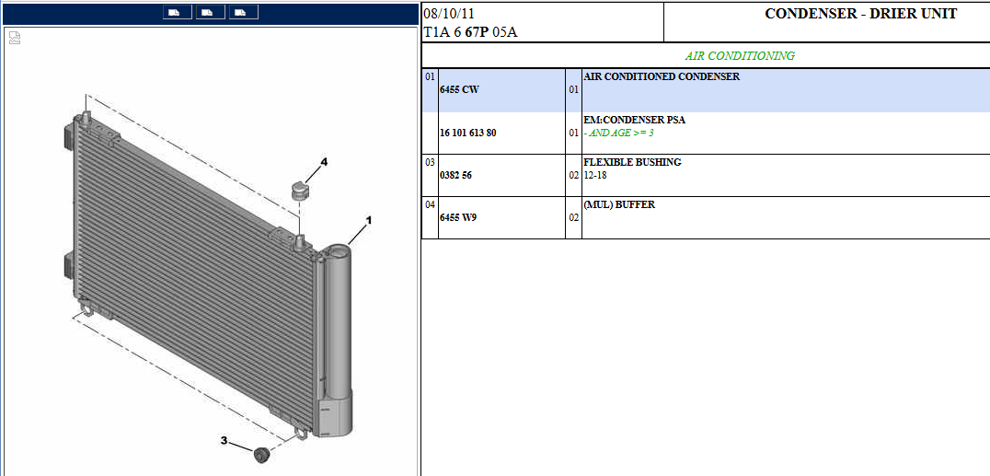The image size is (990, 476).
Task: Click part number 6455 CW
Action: [x=459, y=89]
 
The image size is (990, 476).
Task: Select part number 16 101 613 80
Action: [x=472, y=134]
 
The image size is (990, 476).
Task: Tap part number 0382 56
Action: [x=455, y=175]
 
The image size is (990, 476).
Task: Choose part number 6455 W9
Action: [x=458, y=217]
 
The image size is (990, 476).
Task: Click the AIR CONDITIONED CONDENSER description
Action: [x=662, y=77]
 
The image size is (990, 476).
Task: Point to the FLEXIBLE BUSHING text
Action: [x=632, y=162]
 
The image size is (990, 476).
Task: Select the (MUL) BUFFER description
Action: [x=618, y=204]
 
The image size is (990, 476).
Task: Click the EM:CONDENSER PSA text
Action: [x=635, y=120]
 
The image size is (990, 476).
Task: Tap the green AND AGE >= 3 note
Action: [x=618, y=134]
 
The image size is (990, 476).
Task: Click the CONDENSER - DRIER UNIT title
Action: [x=860, y=14]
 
